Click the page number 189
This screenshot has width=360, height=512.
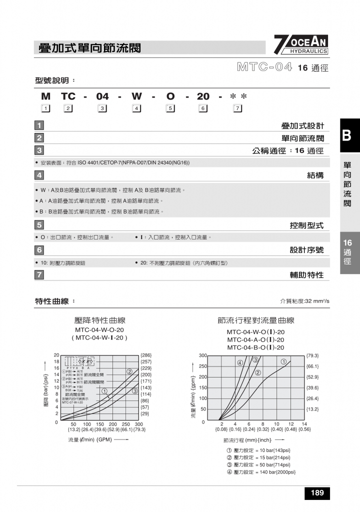317,493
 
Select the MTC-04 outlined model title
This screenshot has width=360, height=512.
264,67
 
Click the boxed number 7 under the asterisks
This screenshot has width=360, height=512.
237,108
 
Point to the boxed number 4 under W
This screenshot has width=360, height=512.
136,108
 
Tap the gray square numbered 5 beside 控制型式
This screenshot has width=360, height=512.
39,225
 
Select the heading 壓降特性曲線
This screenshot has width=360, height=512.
99,320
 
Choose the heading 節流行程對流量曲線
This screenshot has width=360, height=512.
255,320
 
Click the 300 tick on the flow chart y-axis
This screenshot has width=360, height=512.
202,355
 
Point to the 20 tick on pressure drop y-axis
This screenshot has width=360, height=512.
56,355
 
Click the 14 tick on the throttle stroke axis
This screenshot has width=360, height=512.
304,423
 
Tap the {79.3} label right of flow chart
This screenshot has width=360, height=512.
312,355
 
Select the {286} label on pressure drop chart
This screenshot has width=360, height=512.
146,355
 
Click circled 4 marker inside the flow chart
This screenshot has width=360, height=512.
240,362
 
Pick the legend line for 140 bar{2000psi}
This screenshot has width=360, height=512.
261,472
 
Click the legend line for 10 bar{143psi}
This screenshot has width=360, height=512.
258,450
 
